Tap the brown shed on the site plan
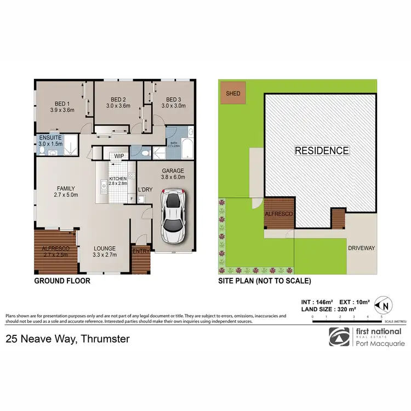(233, 94)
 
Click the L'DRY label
(145, 190)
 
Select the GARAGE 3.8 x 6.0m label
(173, 174)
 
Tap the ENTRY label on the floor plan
(140, 252)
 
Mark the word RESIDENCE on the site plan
(322, 150)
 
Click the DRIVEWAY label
(362, 248)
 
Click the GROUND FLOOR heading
(62, 281)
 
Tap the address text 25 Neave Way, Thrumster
(67, 339)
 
